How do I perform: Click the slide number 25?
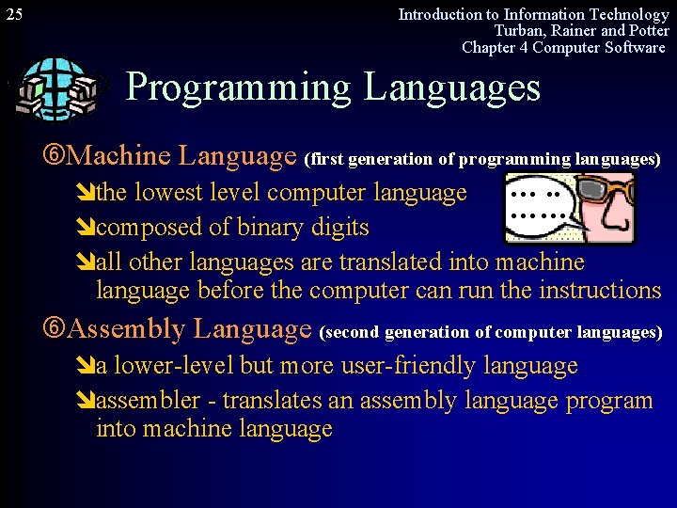(x=15, y=15)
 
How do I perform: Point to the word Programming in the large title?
(x=238, y=87)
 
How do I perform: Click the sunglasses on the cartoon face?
(x=603, y=194)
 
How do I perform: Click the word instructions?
(x=599, y=291)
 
